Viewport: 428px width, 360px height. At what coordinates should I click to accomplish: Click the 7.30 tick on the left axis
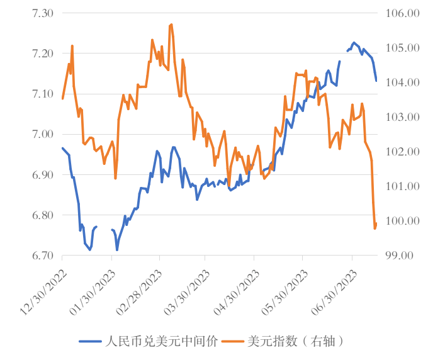click(x=45, y=13)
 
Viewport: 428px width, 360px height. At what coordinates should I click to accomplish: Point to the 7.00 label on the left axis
click(x=45, y=134)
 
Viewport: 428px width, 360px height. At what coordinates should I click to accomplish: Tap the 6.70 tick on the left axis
click(x=45, y=256)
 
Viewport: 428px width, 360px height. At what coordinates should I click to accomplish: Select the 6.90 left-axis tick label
click(x=45, y=174)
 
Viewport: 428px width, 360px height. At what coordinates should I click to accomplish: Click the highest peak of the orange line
click(x=171, y=25)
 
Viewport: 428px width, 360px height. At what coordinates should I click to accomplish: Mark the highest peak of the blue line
click(x=354, y=43)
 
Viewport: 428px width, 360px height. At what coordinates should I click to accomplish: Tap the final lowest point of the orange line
click(x=374, y=228)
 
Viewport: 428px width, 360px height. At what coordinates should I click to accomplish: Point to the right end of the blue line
click(x=376, y=81)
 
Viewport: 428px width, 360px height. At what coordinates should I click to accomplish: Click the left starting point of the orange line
click(x=62, y=98)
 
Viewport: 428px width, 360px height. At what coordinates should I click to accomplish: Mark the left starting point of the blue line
click(x=62, y=148)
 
